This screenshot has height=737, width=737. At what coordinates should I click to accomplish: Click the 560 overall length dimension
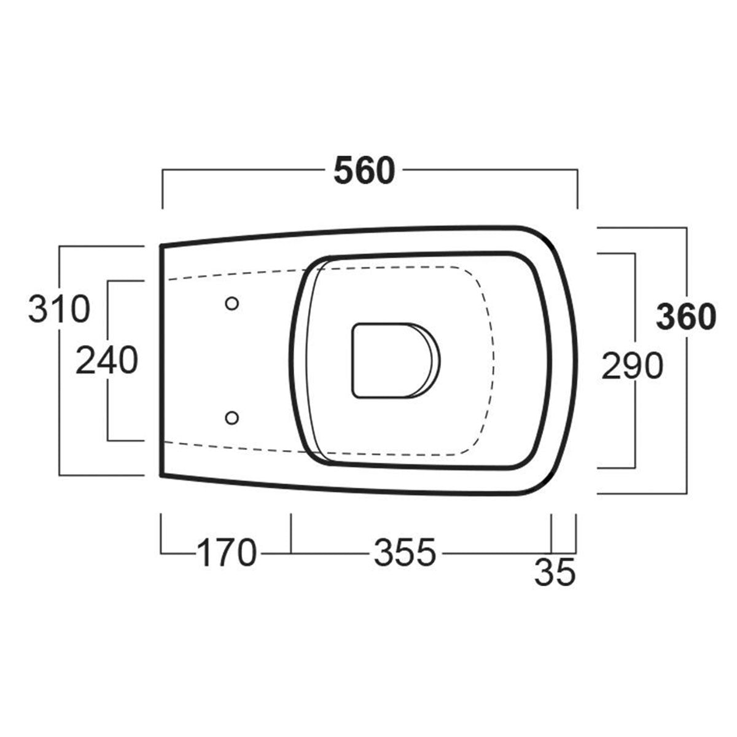coord(364,171)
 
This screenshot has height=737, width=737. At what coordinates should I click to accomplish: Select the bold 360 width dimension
coord(686,316)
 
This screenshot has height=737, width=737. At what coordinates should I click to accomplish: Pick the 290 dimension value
coord(632,366)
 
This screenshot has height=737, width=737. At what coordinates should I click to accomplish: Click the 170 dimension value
coord(225,552)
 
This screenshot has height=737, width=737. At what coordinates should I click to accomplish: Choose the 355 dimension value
coord(405,552)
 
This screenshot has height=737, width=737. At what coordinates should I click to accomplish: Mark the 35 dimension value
coord(555,573)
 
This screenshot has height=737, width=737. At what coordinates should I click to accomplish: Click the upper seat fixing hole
coord(232,303)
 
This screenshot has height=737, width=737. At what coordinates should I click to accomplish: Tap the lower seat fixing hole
coord(232,418)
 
